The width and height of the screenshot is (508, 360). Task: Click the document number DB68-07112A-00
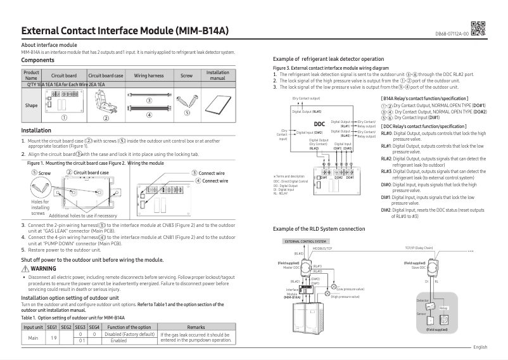452,34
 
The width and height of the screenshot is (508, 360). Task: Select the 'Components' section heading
38,60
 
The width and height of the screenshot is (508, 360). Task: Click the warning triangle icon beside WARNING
25,268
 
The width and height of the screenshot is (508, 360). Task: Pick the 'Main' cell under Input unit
32,337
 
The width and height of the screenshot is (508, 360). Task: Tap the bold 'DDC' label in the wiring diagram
319,124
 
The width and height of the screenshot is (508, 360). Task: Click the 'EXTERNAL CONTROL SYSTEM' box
306,241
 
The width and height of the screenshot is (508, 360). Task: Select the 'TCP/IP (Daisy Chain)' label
419,248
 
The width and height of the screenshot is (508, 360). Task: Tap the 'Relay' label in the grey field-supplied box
443,307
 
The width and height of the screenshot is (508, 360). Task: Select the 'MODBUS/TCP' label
322,249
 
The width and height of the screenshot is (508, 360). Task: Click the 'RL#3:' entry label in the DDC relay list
386,171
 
